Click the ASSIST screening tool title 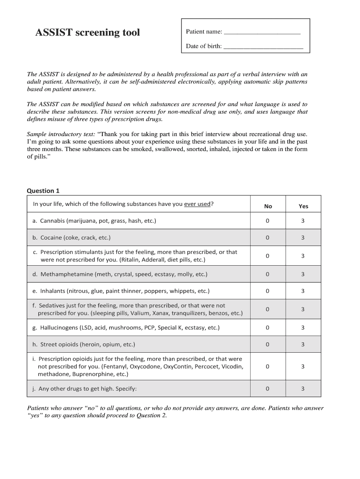click(x=88, y=33)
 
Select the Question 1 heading click(x=43, y=191)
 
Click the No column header click(x=268, y=206)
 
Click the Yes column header click(x=303, y=206)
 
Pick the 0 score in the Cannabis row click(x=267, y=221)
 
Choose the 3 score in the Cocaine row click(x=303, y=238)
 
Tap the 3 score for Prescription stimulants click(x=303, y=256)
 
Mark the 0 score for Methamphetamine click(x=267, y=274)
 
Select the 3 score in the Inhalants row click(x=303, y=291)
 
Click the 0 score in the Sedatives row click(x=267, y=309)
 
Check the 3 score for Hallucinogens click(x=303, y=327)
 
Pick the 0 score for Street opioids click(x=267, y=344)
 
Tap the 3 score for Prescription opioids click(x=303, y=366)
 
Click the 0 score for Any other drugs click(x=267, y=388)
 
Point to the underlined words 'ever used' click(x=197, y=204)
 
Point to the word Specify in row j click(x=126, y=389)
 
